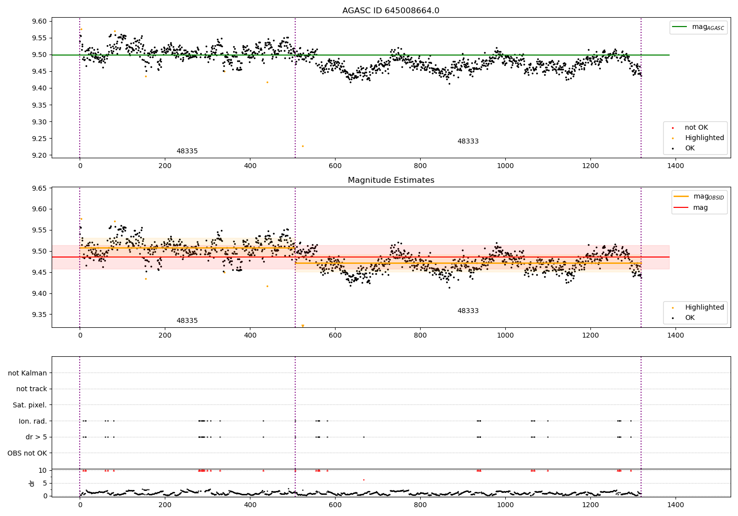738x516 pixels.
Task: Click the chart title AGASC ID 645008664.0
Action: [x=391, y=11]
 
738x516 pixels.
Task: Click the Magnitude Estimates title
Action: [x=391, y=180]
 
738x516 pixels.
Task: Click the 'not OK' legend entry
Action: [x=696, y=128]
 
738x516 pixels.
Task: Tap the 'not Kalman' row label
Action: [x=28, y=373]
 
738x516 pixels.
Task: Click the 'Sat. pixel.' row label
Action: [x=30, y=405]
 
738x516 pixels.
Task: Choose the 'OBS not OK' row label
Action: [x=27, y=453]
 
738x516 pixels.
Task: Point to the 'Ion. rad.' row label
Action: [x=33, y=421]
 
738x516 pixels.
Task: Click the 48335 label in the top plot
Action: [x=187, y=151]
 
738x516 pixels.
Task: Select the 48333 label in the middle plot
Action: [x=468, y=311]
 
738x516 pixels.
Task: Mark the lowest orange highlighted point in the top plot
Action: [x=303, y=146]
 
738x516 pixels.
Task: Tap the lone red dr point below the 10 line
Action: [x=364, y=480]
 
